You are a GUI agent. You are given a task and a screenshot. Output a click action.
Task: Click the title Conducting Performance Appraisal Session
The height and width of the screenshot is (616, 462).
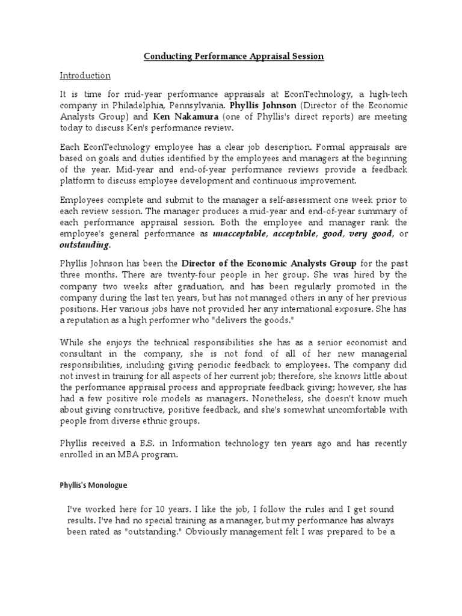click(234, 56)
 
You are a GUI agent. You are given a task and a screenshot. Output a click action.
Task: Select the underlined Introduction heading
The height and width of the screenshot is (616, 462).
click(85, 75)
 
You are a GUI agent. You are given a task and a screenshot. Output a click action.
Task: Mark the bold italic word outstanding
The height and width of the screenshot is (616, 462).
click(84, 245)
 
